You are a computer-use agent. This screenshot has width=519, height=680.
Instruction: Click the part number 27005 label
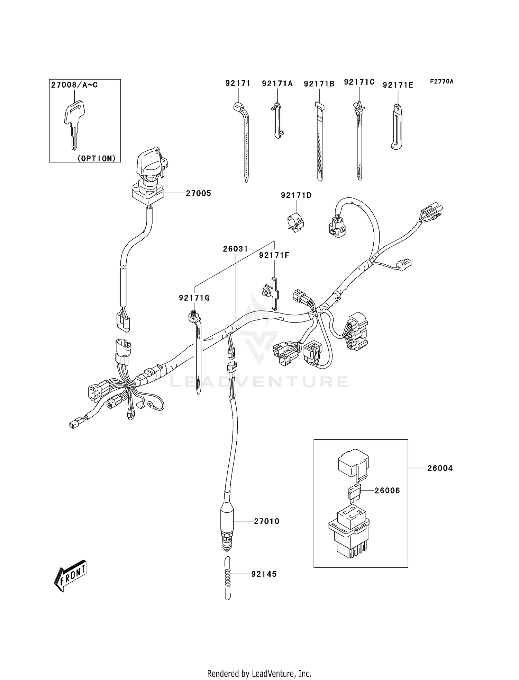pos(198,193)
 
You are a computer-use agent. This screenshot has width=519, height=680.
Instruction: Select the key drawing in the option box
pos(74,123)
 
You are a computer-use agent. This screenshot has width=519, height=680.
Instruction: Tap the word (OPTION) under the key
pos(96,158)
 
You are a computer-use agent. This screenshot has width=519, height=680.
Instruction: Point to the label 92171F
pos(274,255)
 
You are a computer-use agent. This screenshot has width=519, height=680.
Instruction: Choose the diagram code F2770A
pos(441,82)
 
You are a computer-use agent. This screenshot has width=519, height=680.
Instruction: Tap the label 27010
pos(266,521)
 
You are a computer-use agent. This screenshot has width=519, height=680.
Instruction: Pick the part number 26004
pos(440,468)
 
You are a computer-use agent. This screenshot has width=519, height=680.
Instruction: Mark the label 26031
pos(235,249)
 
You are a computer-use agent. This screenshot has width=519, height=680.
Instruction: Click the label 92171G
pos(194,298)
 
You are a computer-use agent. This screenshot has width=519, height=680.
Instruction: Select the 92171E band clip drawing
pos(397,126)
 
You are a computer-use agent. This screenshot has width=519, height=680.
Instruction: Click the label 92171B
pos(319,84)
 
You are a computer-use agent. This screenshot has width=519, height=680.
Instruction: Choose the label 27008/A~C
pos(74,85)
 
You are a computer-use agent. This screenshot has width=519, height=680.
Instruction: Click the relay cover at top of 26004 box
pos(353,463)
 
